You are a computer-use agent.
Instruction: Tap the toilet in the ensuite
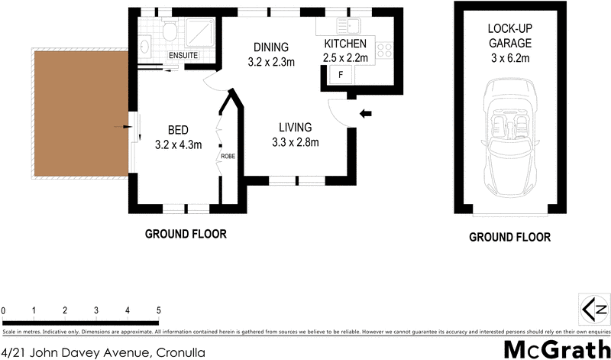click(170, 31)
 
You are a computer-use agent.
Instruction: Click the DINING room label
click(271, 47)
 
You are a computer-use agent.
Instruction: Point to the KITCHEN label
click(345, 44)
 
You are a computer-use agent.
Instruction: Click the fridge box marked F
click(340, 75)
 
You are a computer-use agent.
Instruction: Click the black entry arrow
click(366, 114)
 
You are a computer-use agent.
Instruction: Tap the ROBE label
click(228, 156)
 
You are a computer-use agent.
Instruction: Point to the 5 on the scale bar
click(158, 310)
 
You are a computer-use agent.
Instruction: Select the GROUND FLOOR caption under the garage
click(509, 237)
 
